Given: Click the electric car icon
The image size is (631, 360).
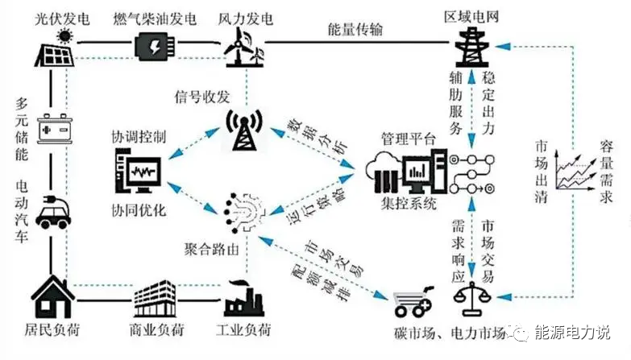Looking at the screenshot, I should coord(53,211).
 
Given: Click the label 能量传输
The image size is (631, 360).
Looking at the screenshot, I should coord(355,30).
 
